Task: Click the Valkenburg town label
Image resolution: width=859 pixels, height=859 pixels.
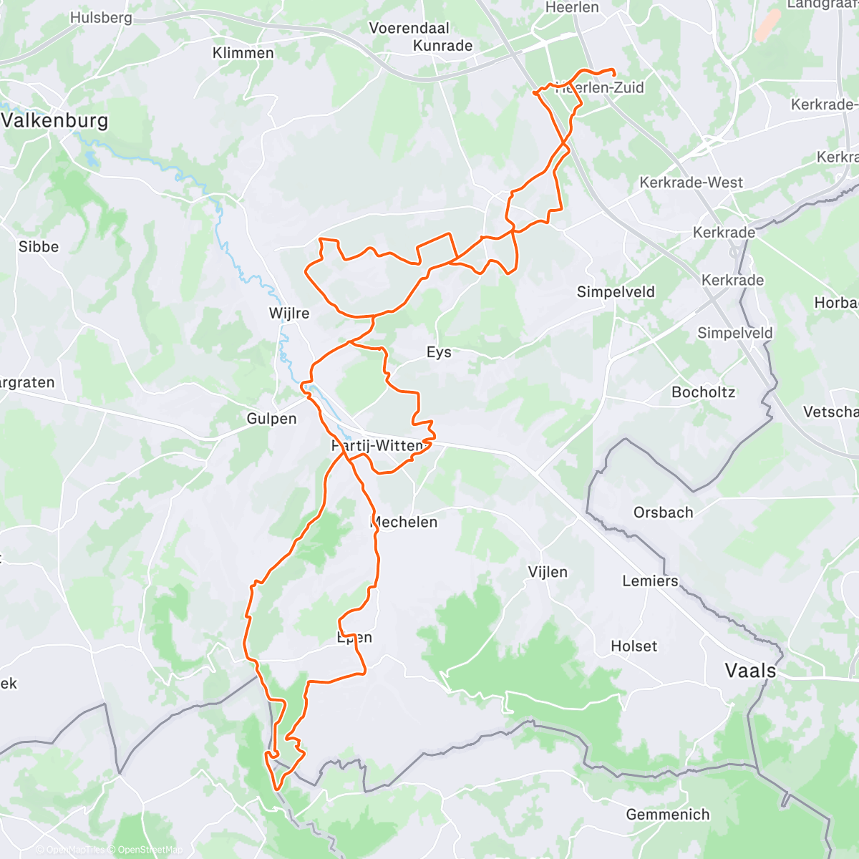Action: click(54, 120)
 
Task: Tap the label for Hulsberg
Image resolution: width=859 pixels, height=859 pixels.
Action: click(101, 17)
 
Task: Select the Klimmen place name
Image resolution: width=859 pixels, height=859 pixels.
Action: click(243, 53)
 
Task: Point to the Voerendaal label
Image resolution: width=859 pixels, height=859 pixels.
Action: click(409, 28)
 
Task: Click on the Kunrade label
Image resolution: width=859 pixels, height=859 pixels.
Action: click(443, 46)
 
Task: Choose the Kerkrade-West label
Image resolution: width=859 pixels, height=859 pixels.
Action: click(691, 183)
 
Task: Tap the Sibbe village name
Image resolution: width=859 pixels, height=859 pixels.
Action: click(39, 247)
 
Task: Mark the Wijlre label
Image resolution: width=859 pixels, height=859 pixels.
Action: click(289, 314)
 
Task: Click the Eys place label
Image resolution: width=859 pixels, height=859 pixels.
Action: click(439, 352)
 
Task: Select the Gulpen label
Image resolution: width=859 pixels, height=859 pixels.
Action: click(271, 419)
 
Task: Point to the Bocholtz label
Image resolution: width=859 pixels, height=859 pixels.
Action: click(703, 392)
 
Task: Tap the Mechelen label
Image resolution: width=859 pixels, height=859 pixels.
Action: click(405, 523)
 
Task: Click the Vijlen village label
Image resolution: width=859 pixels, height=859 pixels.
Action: click(548, 572)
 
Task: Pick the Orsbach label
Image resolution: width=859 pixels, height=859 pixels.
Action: click(663, 513)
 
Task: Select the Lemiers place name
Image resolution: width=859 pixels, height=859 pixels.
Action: click(650, 581)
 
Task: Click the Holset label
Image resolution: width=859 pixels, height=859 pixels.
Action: click(634, 646)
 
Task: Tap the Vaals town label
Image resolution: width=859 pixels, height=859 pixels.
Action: click(750, 671)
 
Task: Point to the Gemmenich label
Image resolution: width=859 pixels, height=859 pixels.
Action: click(667, 815)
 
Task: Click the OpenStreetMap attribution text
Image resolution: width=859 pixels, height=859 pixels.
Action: click(150, 850)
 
